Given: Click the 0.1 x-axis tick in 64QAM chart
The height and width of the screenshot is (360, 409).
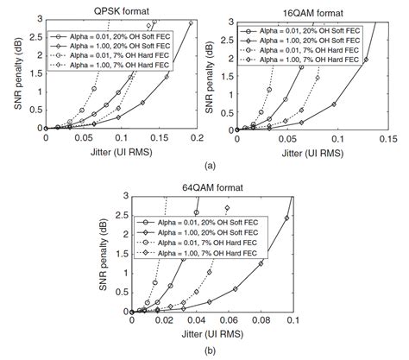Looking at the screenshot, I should [293, 319].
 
